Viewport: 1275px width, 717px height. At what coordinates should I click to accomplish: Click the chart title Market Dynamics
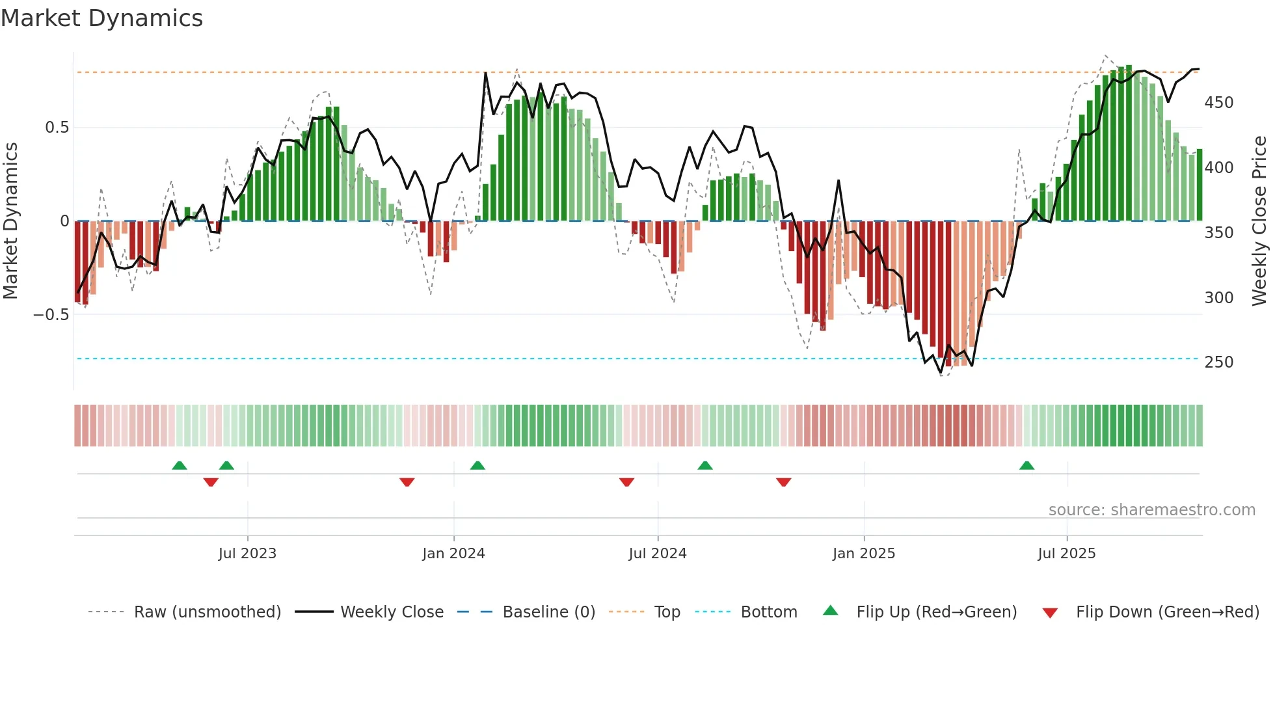[101, 18]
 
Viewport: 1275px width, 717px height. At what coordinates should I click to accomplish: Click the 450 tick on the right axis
[1218, 103]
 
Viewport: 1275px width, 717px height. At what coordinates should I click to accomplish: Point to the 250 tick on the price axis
[1218, 362]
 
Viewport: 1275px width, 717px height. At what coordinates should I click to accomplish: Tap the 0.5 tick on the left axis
[57, 128]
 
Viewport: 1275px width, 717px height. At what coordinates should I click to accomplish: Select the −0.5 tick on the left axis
[51, 315]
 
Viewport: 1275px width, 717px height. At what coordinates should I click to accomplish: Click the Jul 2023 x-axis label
[247, 554]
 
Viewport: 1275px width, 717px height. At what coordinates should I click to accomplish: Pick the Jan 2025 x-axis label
[864, 554]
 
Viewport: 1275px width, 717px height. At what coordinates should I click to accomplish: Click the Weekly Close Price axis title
[1260, 221]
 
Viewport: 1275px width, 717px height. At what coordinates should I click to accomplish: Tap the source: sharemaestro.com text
[1151, 510]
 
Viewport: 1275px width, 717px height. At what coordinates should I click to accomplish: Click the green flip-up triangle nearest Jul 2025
[1027, 465]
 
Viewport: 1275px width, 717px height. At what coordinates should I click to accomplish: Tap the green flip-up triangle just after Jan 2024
[477, 465]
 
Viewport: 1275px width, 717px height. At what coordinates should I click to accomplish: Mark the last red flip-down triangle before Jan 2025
[783, 482]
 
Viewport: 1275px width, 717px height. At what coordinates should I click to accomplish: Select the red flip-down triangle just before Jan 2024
[407, 482]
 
